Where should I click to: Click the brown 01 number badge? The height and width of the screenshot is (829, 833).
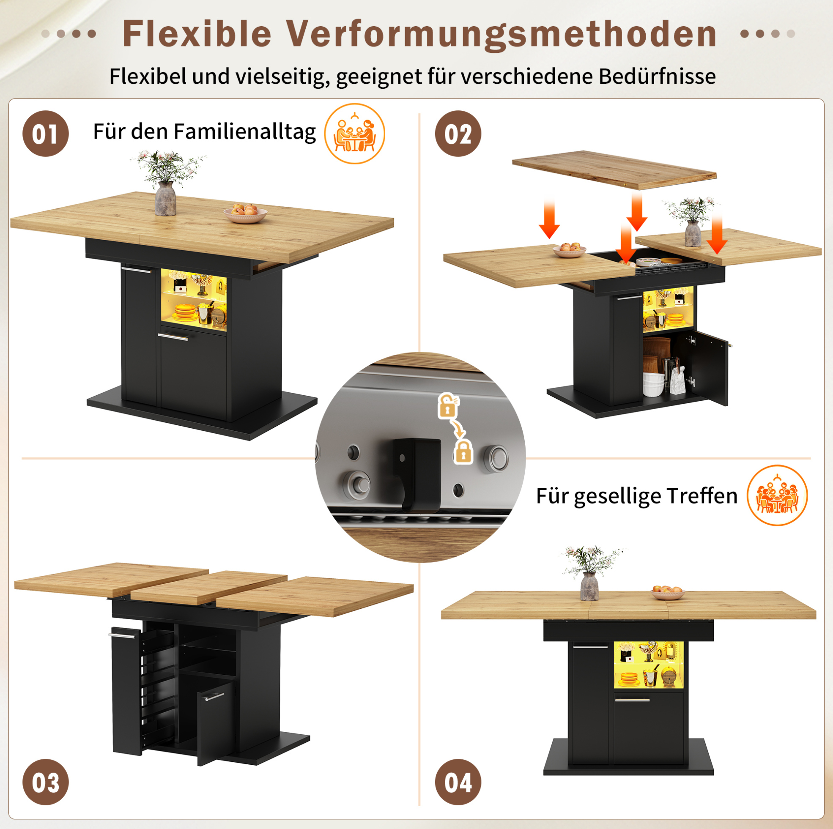[x=45, y=133]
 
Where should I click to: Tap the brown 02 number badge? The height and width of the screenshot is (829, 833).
[x=458, y=133]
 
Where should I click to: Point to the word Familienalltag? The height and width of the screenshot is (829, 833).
[x=244, y=132]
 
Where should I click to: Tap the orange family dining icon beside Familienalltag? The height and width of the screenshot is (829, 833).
[x=354, y=134]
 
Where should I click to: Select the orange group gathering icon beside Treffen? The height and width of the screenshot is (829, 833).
[x=777, y=495]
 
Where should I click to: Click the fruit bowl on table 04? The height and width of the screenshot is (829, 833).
[x=667, y=592]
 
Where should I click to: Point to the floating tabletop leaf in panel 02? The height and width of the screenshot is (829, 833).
[x=614, y=170]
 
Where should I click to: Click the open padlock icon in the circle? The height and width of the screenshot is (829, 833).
[x=448, y=405]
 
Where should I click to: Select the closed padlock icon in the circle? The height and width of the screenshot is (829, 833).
[x=463, y=451]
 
